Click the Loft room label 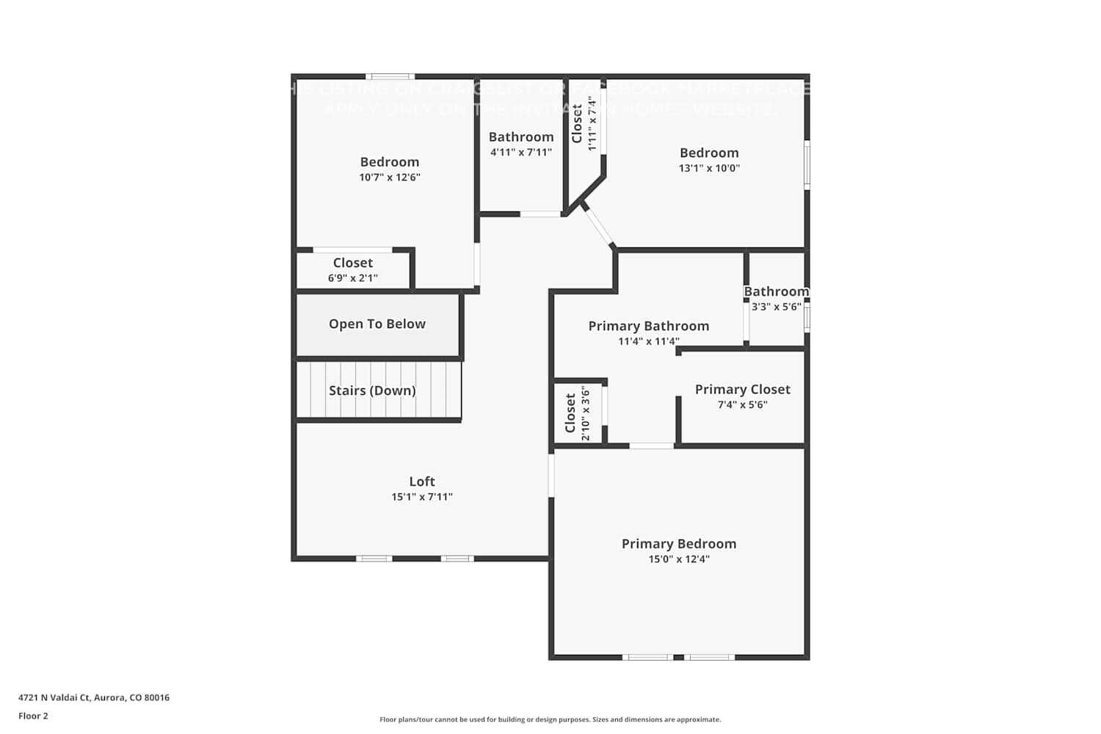(x=422, y=482)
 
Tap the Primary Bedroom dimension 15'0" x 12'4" (x=679, y=559)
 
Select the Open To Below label (x=377, y=324)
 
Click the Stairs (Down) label (x=372, y=390)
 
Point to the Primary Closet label (x=742, y=390)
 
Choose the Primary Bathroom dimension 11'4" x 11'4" (x=648, y=341)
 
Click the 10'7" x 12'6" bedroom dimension (x=389, y=178)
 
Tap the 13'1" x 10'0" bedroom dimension (x=709, y=168)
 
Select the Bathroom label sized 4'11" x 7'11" (x=521, y=137)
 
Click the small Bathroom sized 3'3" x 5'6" (x=776, y=292)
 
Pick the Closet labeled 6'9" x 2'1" (x=352, y=263)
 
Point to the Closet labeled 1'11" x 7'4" (x=578, y=123)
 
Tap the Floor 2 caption (x=33, y=716)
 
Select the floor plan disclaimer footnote (x=550, y=719)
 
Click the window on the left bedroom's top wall (x=390, y=76)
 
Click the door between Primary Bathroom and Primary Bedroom (x=651, y=446)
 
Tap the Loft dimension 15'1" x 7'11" (x=422, y=497)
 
